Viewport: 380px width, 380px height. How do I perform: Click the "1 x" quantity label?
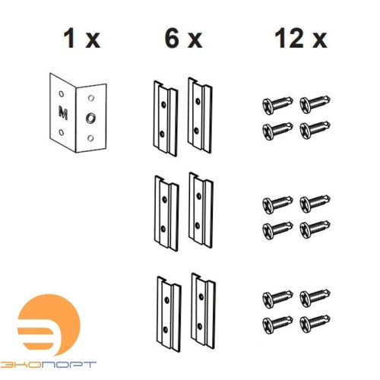point(81,39)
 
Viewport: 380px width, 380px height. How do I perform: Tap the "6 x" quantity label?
point(183,39)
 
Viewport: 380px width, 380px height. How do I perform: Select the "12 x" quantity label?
point(301,39)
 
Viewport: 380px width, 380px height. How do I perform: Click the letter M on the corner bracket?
point(63,112)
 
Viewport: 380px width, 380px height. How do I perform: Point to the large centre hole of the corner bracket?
point(90,118)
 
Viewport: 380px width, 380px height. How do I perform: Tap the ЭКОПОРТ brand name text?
point(48,365)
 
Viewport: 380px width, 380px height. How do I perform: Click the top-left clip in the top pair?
point(166,119)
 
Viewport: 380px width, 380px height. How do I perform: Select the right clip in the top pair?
point(200,116)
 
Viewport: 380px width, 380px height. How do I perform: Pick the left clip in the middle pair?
point(166,214)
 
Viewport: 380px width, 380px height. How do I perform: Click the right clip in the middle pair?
point(201,211)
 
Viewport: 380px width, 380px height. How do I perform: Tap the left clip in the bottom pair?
point(169,314)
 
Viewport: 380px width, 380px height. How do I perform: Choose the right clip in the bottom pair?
point(204,311)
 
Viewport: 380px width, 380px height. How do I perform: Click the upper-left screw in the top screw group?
point(277,104)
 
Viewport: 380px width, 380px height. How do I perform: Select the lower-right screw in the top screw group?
point(315,130)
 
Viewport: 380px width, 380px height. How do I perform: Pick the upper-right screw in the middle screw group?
point(315,204)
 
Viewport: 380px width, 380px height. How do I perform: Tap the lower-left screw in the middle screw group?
point(277,230)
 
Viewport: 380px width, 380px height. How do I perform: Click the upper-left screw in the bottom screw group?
point(277,298)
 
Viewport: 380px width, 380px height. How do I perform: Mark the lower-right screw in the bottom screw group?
point(315,324)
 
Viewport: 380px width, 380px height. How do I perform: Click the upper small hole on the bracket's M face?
point(62,94)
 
